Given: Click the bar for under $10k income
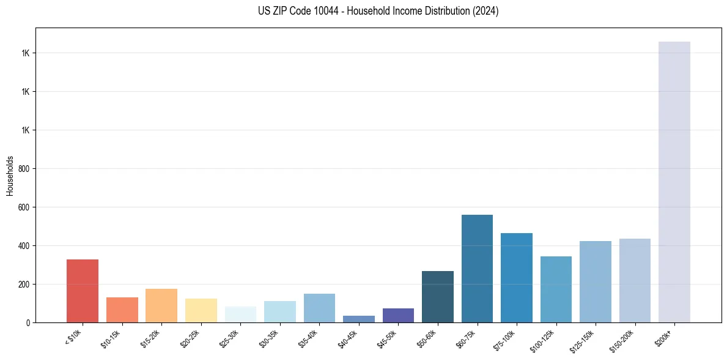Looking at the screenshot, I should (83, 291).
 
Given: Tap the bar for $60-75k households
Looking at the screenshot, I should (477, 269).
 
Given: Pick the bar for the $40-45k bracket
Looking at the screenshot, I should (359, 319).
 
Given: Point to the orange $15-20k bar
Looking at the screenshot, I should (161, 305).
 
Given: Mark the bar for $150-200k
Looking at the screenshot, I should (635, 280).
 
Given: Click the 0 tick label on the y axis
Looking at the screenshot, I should (28, 322).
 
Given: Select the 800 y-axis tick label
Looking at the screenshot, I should (24, 169).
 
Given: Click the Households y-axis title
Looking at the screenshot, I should (10, 175).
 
